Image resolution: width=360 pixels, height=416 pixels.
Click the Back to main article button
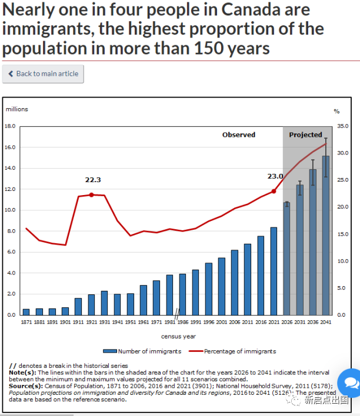(x=44, y=74)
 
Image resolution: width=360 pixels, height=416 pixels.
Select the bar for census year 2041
(x=325, y=235)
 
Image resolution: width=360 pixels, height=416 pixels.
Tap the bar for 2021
(x=274, y=271)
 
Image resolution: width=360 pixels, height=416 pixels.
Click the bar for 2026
(x=286, y=259)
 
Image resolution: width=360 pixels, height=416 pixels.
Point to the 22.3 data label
(x=92, y=180)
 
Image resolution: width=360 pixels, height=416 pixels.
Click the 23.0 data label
(x=275, y=176)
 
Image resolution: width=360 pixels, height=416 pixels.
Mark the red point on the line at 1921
(x=91, y=194)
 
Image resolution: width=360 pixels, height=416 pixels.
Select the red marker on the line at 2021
(x=274, y=191)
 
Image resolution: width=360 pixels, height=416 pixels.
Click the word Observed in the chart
(x=238, y=135)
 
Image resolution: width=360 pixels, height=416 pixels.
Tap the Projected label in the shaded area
(x=305, y=135)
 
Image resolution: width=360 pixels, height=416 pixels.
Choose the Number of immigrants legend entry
(x=145, y=351)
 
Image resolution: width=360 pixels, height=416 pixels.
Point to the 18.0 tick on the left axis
(x=10, y=126)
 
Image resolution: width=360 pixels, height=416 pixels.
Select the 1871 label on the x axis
(x=26, y=323)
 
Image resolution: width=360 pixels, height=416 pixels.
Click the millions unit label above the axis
(x=16, y=109)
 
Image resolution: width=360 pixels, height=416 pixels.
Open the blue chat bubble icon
(x=351, y=383)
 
